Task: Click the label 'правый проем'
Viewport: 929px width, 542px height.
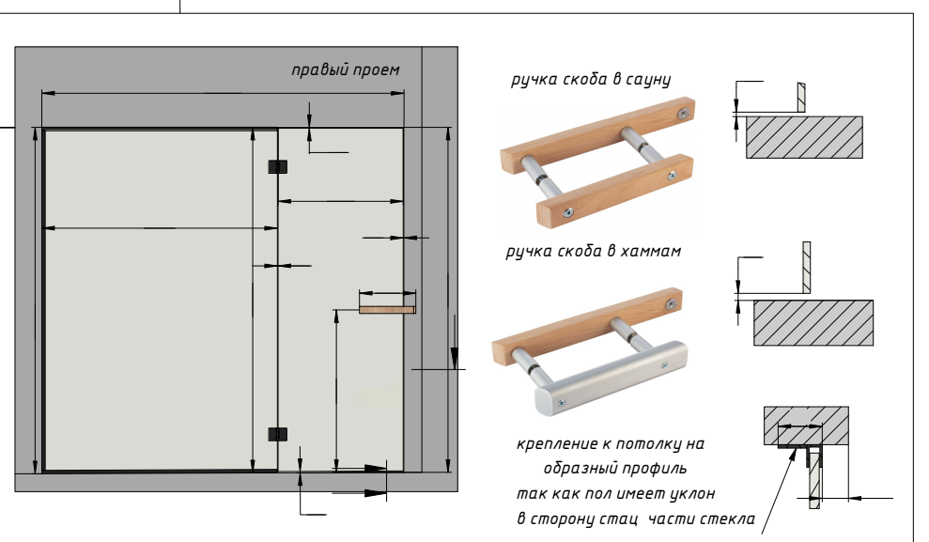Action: [x=345, y=70]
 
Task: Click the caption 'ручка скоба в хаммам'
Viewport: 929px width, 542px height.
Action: [x=593, y=252]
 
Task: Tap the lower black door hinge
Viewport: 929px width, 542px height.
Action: [x=276, y=434]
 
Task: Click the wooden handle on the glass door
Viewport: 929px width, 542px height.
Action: [x=386, y=306]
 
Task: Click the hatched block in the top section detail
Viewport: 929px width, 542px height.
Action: [x=804, y=137]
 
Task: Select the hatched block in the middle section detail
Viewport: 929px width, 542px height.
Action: [x=813, y=323]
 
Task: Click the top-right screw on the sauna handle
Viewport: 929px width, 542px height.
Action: [x=683, y=112]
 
